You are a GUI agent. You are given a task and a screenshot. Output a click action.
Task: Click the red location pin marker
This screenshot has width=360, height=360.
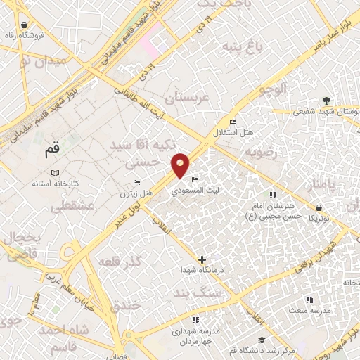[181, 165]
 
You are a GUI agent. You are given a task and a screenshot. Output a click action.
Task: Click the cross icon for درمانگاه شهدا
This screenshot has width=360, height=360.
[203, 260]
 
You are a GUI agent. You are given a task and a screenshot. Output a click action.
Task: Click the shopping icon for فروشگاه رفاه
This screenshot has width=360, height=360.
[25, 34]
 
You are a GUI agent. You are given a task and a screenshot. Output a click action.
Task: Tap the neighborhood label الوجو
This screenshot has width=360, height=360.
[272, 89]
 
